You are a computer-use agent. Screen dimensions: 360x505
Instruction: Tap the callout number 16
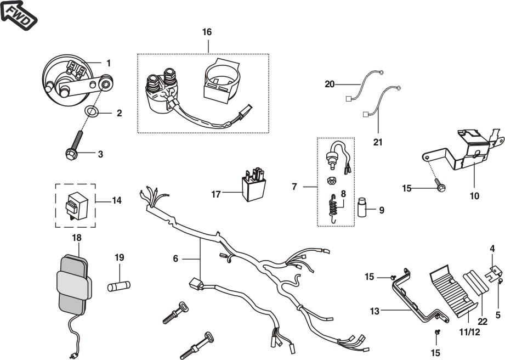207,32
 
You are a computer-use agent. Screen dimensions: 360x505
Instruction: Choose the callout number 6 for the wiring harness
175,257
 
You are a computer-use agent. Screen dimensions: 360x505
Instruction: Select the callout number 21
377,142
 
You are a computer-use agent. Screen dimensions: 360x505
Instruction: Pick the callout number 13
375,311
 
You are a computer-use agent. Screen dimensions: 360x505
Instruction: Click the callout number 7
294,187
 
